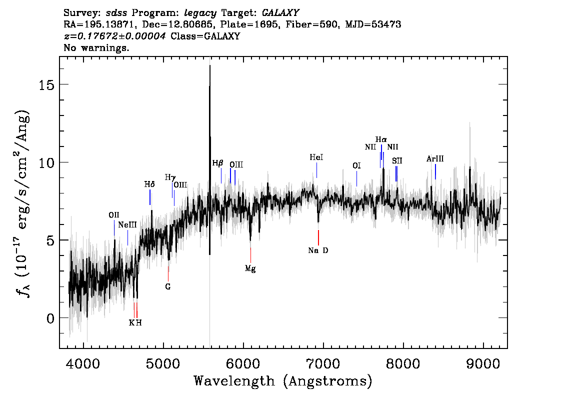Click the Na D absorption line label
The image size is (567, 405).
[x=318, y=250]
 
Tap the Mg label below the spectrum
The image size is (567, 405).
[x=250, y=268]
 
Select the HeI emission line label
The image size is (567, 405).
[x=316, y=157]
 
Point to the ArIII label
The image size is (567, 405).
[x=435, y=158]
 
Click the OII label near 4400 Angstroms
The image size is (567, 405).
[x=114, y=215]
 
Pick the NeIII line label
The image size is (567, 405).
[x=127, y=225]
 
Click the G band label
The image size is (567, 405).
[x=168, y=287]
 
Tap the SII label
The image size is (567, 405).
[x=397, y=161]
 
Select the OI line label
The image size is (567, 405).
[x=356, y=165]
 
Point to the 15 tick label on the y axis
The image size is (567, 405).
[x=46, y=84]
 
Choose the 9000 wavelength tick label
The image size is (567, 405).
[x=483, y=364]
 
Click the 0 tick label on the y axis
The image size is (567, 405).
[x=50, y=318]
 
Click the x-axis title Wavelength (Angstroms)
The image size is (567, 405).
[x=283, y=381]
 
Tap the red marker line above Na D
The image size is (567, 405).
[x=318, y=237]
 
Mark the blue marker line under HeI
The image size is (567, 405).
[x=317, y=170]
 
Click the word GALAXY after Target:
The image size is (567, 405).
[x=280, y=13]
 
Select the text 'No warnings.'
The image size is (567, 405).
[x=96, y=47]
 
